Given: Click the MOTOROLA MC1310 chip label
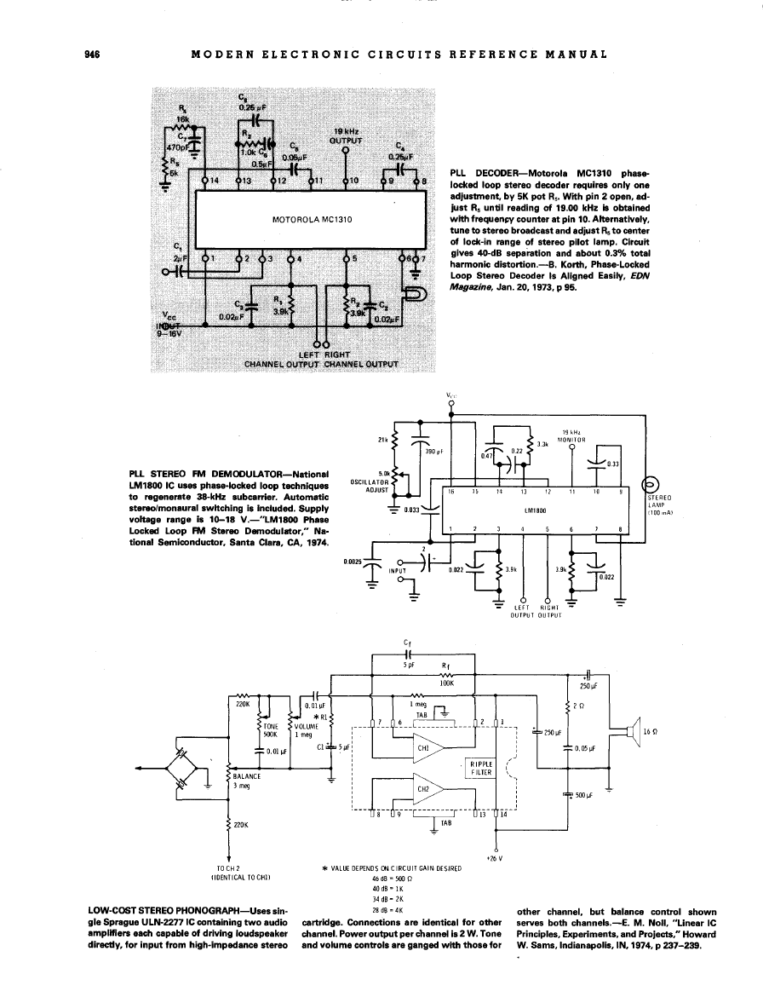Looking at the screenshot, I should [x=312, y=219].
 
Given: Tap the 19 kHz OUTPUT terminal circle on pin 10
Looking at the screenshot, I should [x=346, y=151].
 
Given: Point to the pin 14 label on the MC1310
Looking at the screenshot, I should [x=215, y=181].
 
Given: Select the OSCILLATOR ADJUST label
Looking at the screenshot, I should [x=370, y=486].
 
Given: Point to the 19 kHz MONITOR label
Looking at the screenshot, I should [x=571, y=435].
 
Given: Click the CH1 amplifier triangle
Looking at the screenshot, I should [x=429, y=747].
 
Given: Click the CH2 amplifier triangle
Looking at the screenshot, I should [x=429, y=788].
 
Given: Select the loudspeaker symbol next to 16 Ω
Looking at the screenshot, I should [x=631, y=731].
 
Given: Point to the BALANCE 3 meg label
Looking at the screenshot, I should [x=247, y=781].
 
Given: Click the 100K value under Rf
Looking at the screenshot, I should [x=446, y=683].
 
